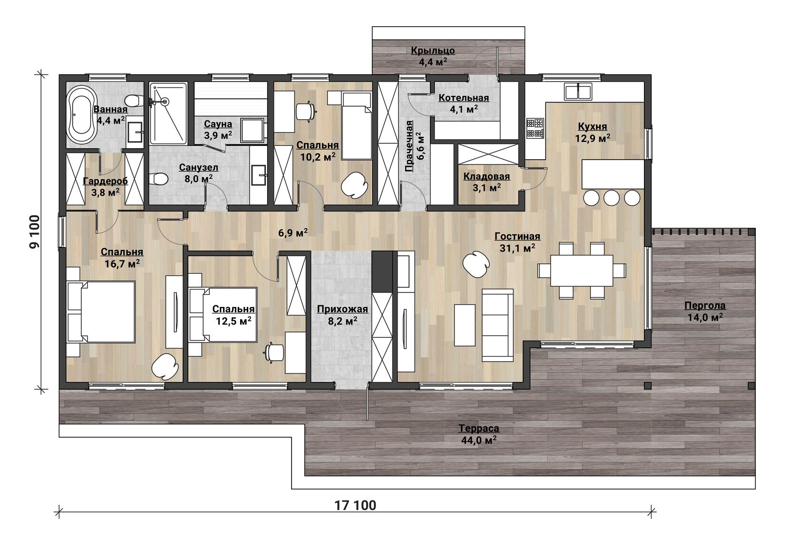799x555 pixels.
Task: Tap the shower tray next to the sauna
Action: point(168,114)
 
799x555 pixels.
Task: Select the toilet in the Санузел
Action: point(159,179)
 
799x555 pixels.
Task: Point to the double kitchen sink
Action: point(578,91)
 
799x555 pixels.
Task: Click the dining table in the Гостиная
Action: point(582,270)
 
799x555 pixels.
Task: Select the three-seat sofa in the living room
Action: point(497,325)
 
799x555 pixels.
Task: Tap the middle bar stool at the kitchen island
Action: point(612,198)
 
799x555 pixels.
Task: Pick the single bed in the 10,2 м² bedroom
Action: point(357,125)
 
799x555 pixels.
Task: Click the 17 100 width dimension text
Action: point(355,506)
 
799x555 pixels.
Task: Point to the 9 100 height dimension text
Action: point(35,232)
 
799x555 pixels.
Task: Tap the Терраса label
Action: point(478,428)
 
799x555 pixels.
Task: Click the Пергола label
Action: point(705,306)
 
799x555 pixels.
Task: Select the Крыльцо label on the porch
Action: point(433,51)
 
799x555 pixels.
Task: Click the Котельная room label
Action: point(464,98)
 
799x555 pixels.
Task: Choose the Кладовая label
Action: point(487,176)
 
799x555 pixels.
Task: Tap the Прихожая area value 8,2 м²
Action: point(343,321)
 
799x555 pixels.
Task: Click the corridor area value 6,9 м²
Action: point(293,233)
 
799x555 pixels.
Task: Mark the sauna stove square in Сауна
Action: point(252,131)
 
